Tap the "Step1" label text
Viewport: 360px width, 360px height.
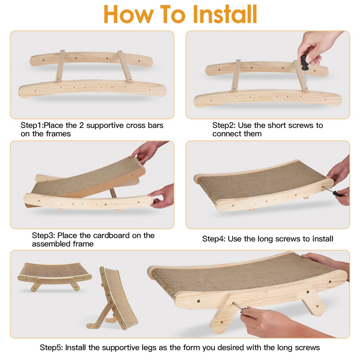click(x=32, y=125)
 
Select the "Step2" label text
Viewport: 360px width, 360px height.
click(x=224, y=125)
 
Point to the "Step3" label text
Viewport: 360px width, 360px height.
click(x=43, y=235)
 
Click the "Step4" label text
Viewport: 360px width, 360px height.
click(x=213, y=239)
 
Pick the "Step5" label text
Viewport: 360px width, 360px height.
click(x=51, y=348)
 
